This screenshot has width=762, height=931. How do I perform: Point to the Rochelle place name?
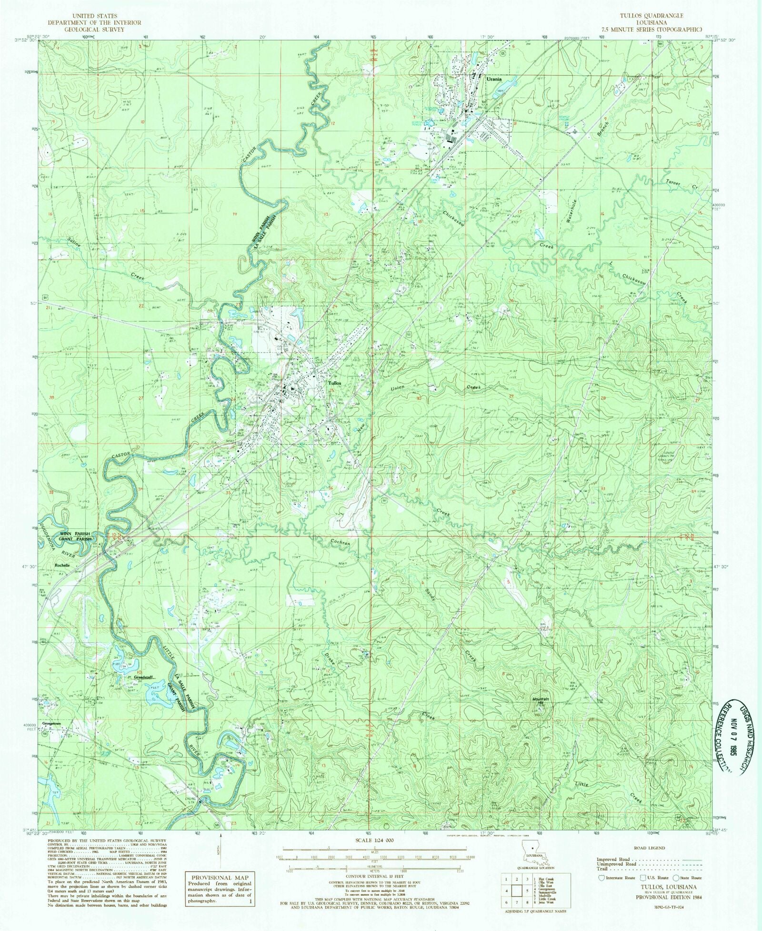62,565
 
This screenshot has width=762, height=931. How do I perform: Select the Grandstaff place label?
143,677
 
